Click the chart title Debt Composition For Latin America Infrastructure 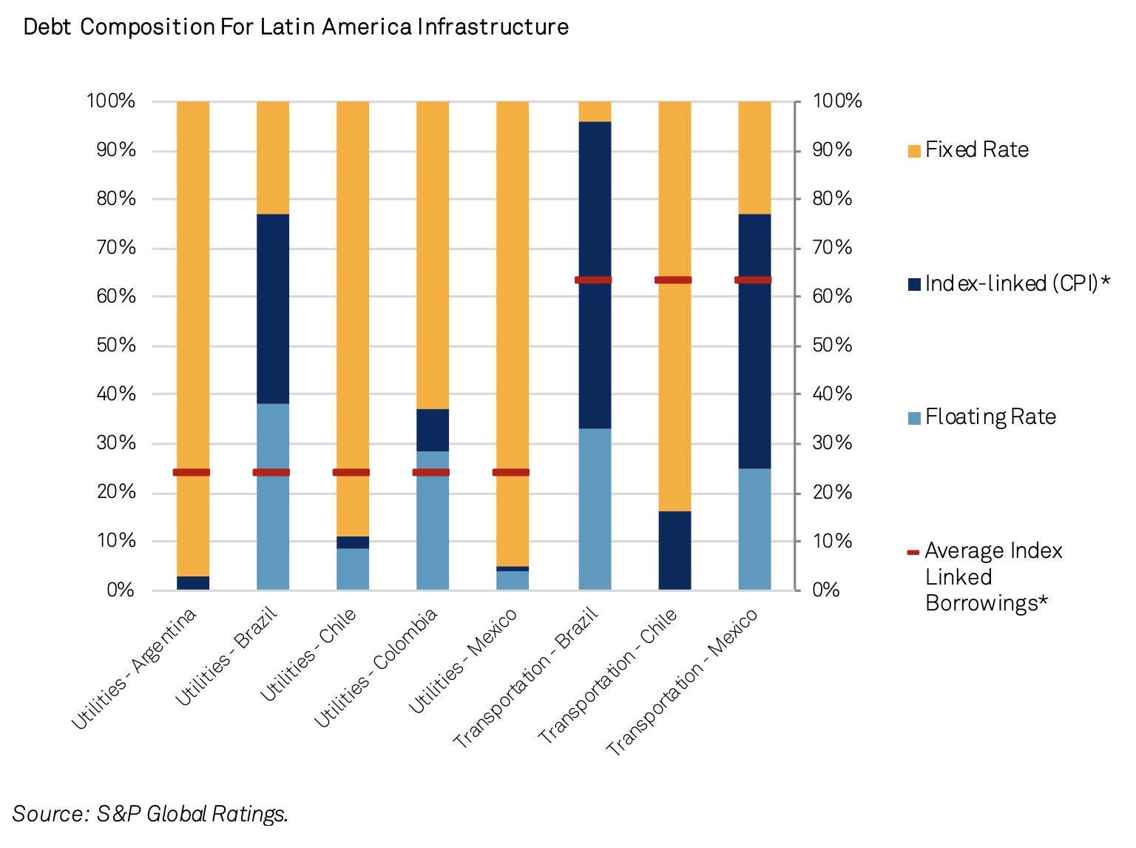296,27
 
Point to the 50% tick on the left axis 117,346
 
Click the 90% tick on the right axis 833,150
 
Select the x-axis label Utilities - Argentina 135,668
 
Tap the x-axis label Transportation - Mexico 682,682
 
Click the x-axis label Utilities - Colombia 376,668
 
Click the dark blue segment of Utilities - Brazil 273,309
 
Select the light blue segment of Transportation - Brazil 595,509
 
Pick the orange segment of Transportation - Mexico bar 754,157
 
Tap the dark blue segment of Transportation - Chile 674,551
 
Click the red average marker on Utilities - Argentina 192,472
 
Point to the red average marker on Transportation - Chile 673,280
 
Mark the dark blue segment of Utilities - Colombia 433,430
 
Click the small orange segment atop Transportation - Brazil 595,111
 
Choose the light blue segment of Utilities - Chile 353,569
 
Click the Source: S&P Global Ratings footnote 150,814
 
